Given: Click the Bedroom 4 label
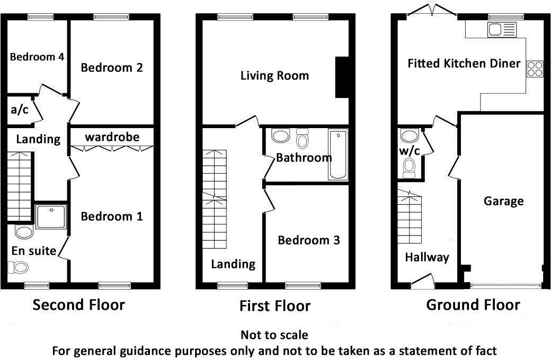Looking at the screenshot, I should [37, 57].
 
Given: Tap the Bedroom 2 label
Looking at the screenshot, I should [112, 68].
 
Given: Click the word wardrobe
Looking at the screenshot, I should [112, 138].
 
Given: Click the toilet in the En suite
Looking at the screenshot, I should [24, 231].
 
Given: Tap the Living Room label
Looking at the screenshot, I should [274, 76].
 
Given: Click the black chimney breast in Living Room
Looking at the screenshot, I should [342, 77].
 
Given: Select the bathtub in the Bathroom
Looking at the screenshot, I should [337, 154].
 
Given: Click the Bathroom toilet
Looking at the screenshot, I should [303, 139].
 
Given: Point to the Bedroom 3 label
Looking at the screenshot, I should [309, 240].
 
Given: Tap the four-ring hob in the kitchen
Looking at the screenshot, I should [535, 69].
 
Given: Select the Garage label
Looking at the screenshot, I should [503, 201].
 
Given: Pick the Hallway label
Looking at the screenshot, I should [427, 257].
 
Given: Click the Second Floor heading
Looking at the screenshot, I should [79, 305].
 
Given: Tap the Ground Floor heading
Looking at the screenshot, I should [473, 305].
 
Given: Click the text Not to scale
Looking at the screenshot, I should [274, 335].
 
